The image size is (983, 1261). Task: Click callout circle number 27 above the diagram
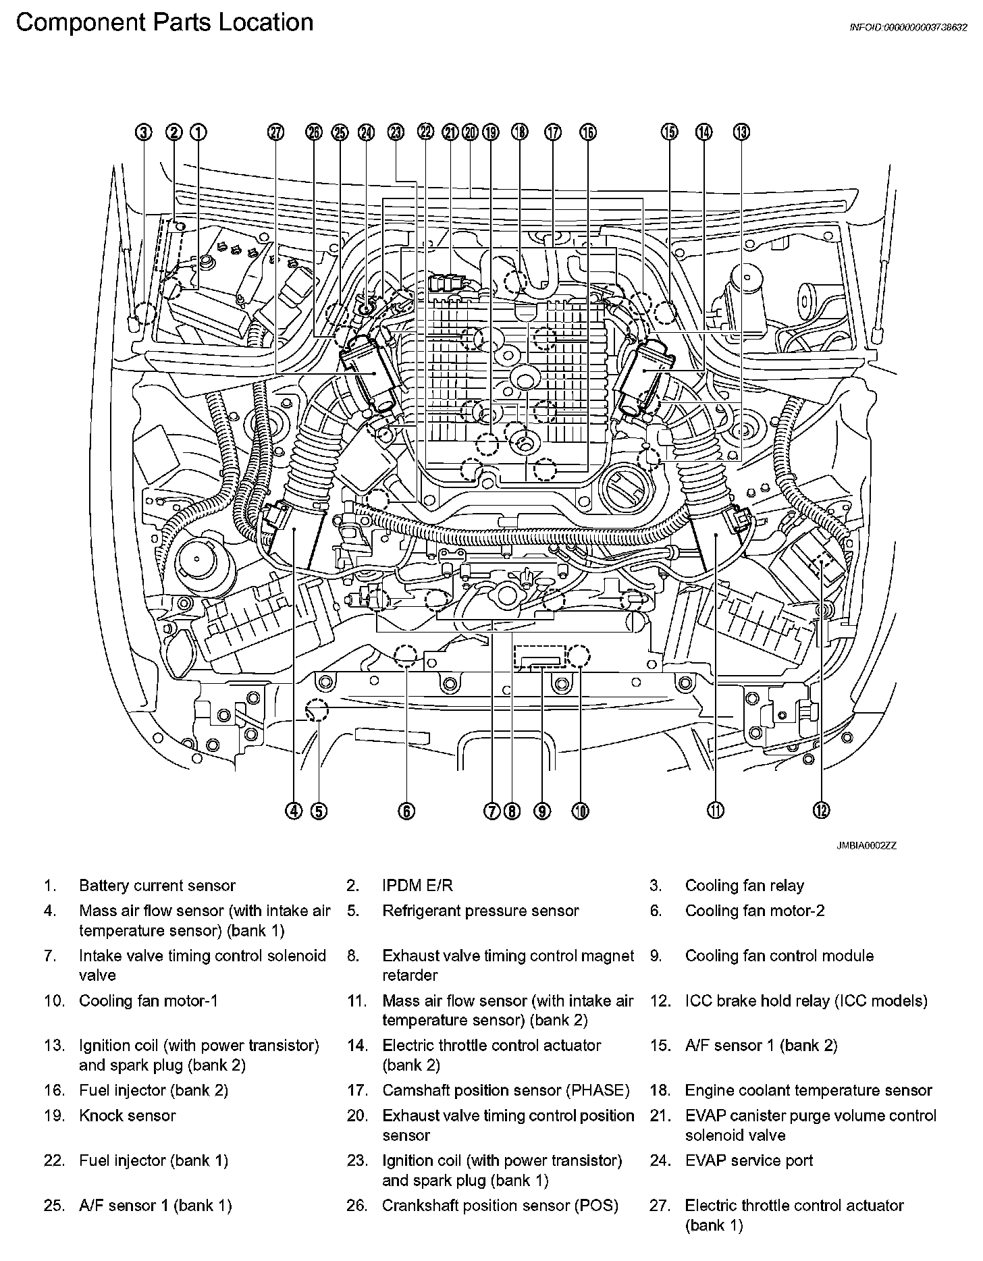tap(275, 132)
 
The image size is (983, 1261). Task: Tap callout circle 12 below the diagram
tap(821, 811)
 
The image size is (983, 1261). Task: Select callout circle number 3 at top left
tap(144, 132)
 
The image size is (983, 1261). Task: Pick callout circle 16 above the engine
tap(588, 132)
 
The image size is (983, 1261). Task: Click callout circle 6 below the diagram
tap(406, 811)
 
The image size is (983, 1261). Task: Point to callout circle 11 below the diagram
tap(716, 811)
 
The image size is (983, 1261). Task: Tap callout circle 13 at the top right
tap(741, 132)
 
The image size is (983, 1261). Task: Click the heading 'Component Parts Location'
tap(164, 23)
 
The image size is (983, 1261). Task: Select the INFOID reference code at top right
tap(908, 28)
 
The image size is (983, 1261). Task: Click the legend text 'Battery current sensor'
tap(157, 886)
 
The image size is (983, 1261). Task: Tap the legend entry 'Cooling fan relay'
tap(745, 886)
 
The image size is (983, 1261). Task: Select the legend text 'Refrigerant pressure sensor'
tap(481, 911)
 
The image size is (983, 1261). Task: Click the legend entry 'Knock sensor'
tap(128, 1116)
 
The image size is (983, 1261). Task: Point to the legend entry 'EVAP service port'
tap(749, 1160)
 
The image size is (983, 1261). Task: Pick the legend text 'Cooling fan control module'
tap(779, 956)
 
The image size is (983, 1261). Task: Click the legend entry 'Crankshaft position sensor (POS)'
tap(500, 1206)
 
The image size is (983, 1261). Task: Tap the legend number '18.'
tap(658, 1091)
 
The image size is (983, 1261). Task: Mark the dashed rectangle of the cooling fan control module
tap(538, 656)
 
